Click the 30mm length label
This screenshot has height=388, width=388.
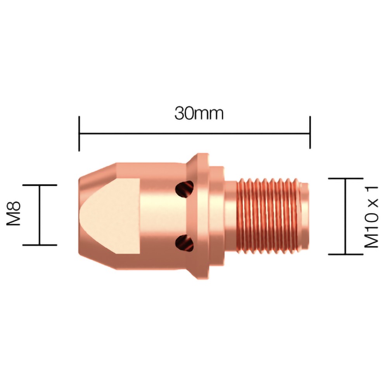click(x=199, y=113)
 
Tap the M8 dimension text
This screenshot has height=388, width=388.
click(x=14, y=214)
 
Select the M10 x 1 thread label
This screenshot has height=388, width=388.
click(x=372, y=217)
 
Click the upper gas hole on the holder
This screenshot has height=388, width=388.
click(x=184, y=189)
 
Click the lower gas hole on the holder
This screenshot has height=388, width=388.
click(x=184, y=243)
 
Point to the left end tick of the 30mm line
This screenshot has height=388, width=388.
click(x=79, y=133)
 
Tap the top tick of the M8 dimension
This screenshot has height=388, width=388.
click(x=40, y=185)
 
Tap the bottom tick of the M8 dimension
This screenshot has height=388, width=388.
click(x=40, y=245)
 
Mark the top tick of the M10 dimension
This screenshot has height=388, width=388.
click(x=346, y=178)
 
